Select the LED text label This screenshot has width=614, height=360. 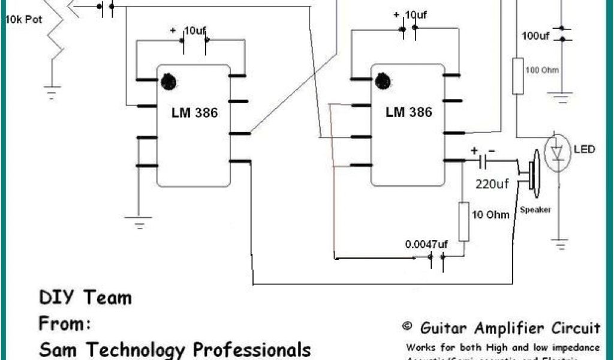(585, 148)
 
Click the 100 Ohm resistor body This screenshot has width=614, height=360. (518, 76)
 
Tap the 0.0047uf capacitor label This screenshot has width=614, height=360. (426, 244)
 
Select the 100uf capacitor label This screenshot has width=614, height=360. (535, 36)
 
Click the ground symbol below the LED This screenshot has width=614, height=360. (560, 244)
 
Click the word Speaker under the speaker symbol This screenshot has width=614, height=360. (535, 210)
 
